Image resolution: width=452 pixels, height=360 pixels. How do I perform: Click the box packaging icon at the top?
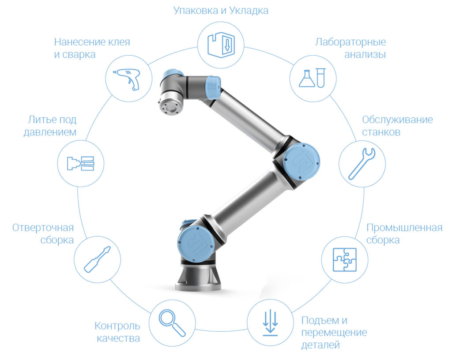221,45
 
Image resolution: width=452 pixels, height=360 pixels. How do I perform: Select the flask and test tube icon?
312,78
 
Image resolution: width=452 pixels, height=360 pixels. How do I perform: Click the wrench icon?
362,164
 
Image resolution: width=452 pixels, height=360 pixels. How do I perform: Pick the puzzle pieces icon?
344,259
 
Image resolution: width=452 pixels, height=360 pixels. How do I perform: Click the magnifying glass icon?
172,322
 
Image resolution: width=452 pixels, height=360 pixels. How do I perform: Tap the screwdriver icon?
97,259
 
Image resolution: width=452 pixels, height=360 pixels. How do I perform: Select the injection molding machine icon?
81,164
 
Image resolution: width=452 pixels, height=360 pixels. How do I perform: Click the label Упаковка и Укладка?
221,11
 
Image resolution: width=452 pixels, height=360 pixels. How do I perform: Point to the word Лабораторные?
350,42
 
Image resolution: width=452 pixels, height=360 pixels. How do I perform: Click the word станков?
381,132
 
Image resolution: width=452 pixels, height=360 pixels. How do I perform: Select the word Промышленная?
404,228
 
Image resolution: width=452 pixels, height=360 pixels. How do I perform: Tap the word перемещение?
334,333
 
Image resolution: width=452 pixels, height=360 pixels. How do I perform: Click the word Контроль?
117,326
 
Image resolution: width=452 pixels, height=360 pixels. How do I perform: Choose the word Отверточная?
43,228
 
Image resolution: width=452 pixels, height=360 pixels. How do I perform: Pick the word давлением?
50,132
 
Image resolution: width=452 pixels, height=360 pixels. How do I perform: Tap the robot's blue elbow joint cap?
301,162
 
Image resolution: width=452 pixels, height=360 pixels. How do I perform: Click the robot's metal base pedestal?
198,277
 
